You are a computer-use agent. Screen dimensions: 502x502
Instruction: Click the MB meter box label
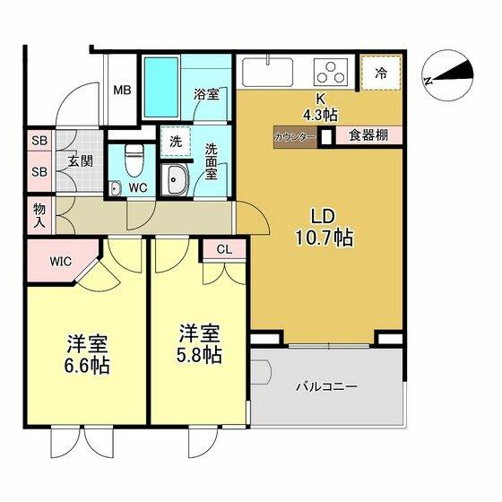click(x=122, y=91)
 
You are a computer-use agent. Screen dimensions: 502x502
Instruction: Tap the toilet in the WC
click(x=134, y=160)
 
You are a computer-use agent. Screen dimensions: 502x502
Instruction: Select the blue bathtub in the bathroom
click(x=161, y=87)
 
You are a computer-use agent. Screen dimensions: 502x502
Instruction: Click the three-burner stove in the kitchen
click(x=331, y=73)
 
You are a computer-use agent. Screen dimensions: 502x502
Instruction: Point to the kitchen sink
click(x=268, y=72)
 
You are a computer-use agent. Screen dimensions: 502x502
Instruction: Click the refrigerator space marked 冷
click(x=381, y=73)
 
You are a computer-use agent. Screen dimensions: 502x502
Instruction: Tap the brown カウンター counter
click(x=295, y=137)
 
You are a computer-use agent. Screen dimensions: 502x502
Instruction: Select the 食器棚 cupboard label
click(x=368, y=135)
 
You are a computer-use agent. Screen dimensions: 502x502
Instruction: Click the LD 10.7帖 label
click(x=324, y=228)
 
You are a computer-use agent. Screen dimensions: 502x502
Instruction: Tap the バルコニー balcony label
click(x=326, y=387)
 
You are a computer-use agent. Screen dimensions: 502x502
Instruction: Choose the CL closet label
click(x=224, y=249)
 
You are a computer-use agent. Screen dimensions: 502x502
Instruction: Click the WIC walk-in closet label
click(x=61, y=262)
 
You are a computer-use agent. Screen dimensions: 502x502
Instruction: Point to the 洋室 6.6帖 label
click(x=87, y=354)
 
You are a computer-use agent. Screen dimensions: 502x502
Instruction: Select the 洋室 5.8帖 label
click(x=199, y=343)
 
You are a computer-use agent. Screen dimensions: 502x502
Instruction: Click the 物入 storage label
click(x=39, y=215)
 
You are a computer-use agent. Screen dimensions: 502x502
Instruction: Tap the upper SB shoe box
click(x=39, y=141)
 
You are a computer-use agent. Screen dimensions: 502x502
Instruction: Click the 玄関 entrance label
click(x=80, y=161)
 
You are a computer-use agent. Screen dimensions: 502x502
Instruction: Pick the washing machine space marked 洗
click(x=176, y=142)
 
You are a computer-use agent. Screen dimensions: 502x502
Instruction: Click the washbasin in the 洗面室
click(x=175, y=179)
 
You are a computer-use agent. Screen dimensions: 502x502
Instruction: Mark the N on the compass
click(x=428, y=81)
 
